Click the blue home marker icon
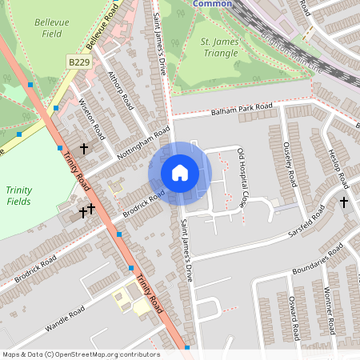(180, 172)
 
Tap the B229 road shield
(78, 62)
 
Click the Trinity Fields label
(18, 195)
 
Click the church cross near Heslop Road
(344, 202)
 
